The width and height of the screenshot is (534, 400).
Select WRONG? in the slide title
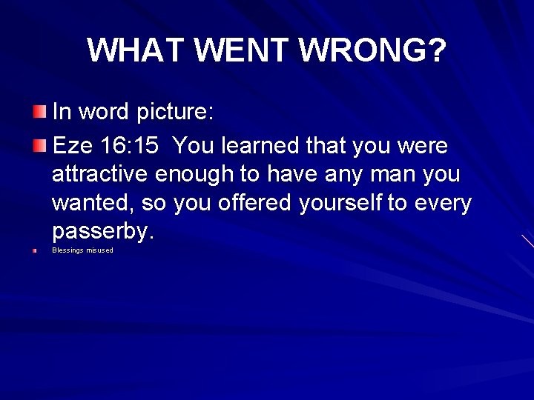click(x=373, y=50)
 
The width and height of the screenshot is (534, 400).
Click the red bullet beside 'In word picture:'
click(x=39, y=113)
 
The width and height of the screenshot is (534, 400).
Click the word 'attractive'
click(x=101, y=175)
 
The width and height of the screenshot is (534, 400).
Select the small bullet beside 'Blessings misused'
click(x=35, y=250)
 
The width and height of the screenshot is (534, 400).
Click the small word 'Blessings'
click(x=67, y=250)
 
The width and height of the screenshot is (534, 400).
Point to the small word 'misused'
click(x=100, y=250)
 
